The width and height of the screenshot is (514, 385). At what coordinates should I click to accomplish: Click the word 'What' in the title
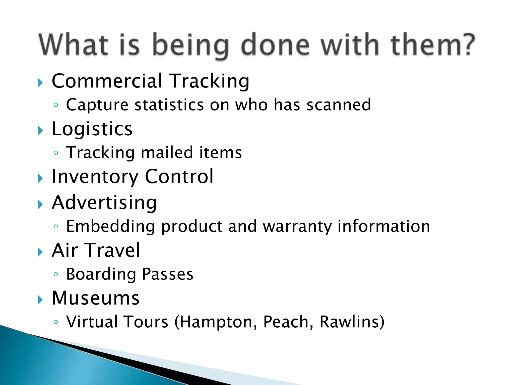click(x=73, y=45)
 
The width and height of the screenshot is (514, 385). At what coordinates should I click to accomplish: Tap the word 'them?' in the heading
click(x=432, y=45)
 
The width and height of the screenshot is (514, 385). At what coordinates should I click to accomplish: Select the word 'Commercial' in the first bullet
click(x=107, y=81)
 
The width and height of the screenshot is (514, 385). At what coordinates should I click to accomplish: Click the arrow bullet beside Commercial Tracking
click(x=40, y=83)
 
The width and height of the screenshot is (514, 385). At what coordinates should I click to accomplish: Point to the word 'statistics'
click(x=169, y=105)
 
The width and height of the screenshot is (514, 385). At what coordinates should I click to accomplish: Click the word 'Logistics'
click(x=92, y=129)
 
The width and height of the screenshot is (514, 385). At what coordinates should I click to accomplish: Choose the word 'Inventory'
click(x=95, y=177)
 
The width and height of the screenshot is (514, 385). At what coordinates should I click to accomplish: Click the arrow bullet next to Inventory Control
click(x=40, y=179)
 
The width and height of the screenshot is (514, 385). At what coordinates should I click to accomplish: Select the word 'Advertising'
click(x=104, y=203)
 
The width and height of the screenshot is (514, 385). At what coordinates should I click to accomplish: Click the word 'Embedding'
click(x=110, y=226)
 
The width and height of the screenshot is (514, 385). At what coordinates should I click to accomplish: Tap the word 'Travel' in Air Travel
click(x=113, y=250)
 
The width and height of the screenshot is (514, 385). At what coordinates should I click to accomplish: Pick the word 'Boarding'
click(x=101, y=274)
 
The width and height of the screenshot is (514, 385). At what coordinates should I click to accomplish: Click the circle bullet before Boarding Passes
click(x=56, y=274)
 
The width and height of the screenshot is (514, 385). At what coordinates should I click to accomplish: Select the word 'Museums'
click(x=95, y=298)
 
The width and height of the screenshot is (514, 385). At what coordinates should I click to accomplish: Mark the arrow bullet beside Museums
click(x=40, y=300)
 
